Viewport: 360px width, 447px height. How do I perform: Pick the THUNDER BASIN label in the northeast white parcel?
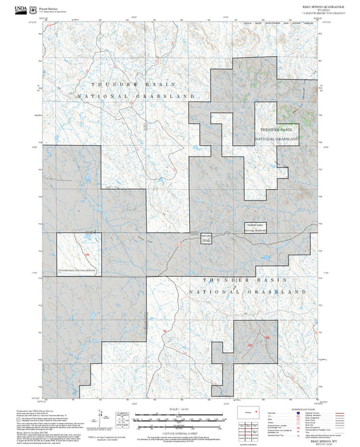(x=276, y=128)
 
